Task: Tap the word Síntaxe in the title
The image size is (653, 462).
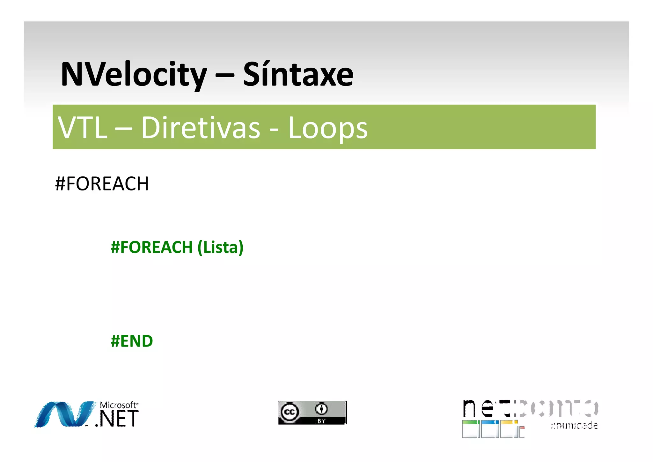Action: (x=298, y=75)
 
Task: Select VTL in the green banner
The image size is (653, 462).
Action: (x=82, y=128)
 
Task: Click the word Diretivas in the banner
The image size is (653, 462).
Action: (x=201, y=128)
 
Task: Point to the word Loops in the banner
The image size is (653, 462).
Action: (x=327, y=128)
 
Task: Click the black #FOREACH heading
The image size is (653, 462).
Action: (x=102, y=184)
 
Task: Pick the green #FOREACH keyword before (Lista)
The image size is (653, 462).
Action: (x=152, y=247)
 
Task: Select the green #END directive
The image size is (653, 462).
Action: (x=132, y=341)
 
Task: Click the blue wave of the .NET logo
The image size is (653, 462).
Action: (x=64, y=414)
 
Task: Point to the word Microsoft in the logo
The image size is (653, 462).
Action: (x=118, y=405)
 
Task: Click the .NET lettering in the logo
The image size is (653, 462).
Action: (x=117, y=419)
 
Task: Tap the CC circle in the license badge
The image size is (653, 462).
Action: (x=290, y=412)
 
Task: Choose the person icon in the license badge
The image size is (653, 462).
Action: (x=321, y=409)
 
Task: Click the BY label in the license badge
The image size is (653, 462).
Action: (x=321, y=421)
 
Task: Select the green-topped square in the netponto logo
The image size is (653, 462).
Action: (x=470, y=429)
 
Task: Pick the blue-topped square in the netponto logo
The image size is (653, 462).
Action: (x=488, y=429)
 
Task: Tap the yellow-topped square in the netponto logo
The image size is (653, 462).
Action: (x=507, y=429)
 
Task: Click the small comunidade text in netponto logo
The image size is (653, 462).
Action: (x=574, y=425)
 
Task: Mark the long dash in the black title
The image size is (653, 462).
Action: (x=225, y=76)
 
